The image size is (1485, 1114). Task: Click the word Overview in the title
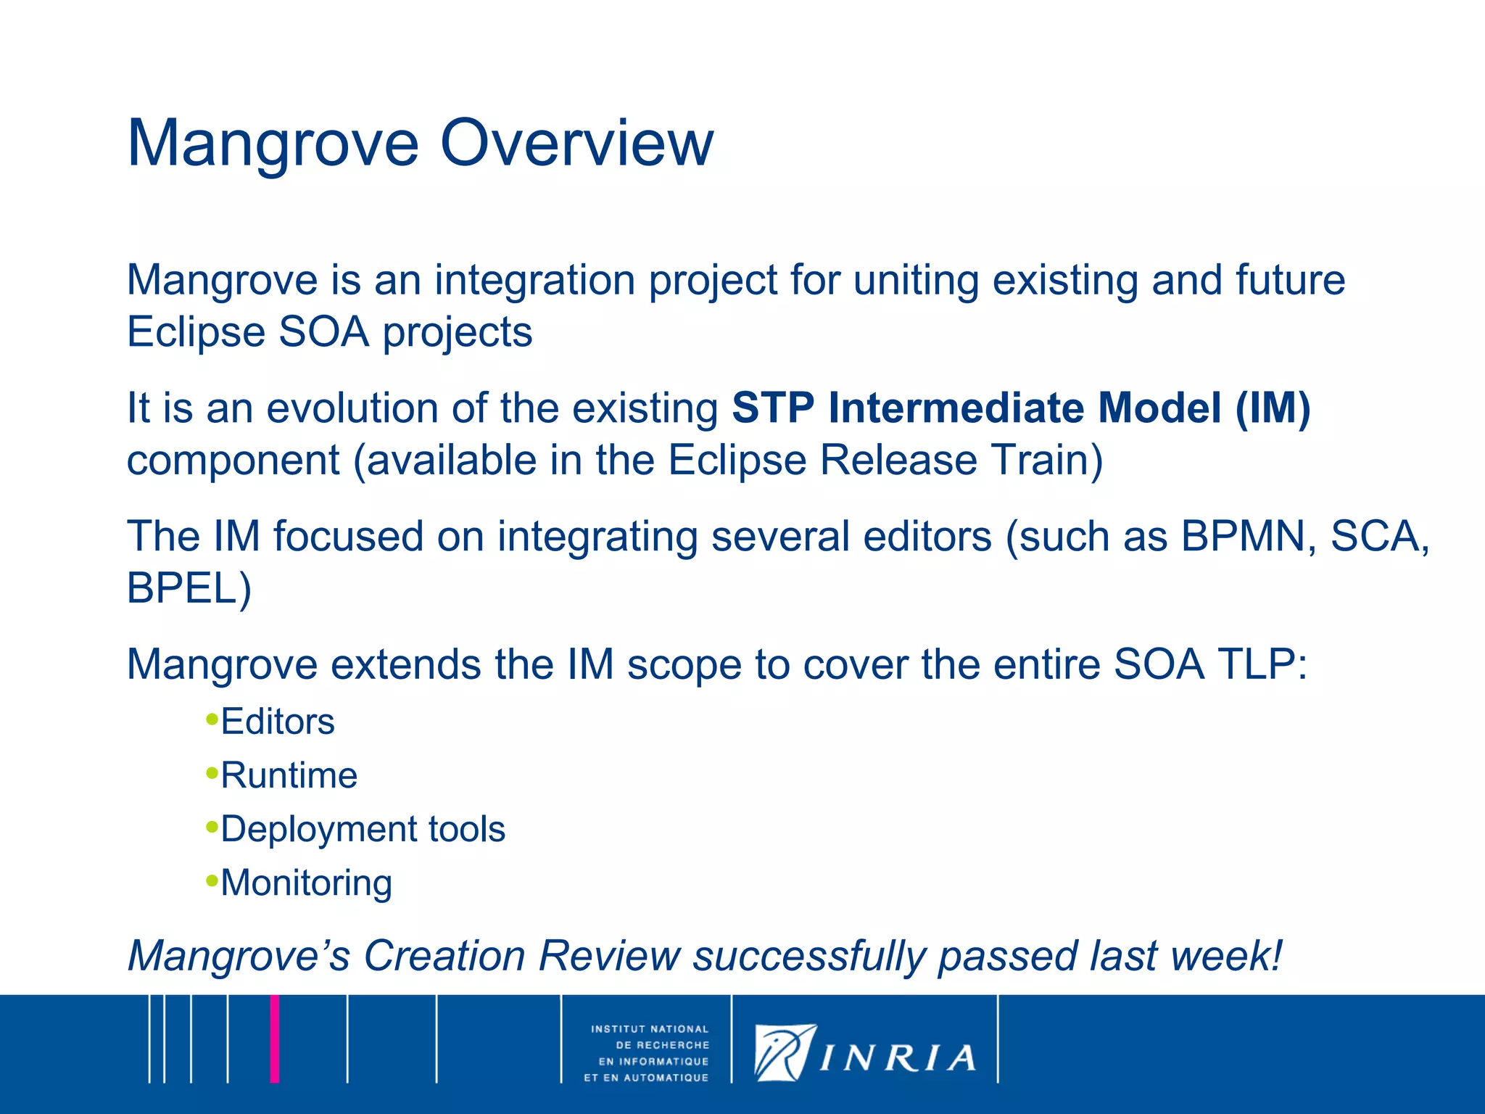point(576,144)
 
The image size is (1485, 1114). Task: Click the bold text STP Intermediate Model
point(975,408)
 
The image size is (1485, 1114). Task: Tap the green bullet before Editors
point(212,719)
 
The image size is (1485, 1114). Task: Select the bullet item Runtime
point(289,775)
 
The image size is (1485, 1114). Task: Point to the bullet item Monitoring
point(306,883)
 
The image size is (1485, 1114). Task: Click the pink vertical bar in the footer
point(275,1039)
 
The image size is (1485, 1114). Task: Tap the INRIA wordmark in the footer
point(898,1058)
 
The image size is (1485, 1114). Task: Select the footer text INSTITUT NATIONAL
point(650,1029)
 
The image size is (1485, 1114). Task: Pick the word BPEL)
point(189,588)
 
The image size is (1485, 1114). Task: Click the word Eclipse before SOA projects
point(197,332)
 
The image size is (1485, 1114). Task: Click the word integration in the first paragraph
point(535,281)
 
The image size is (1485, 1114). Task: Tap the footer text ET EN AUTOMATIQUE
point(646,1078)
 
